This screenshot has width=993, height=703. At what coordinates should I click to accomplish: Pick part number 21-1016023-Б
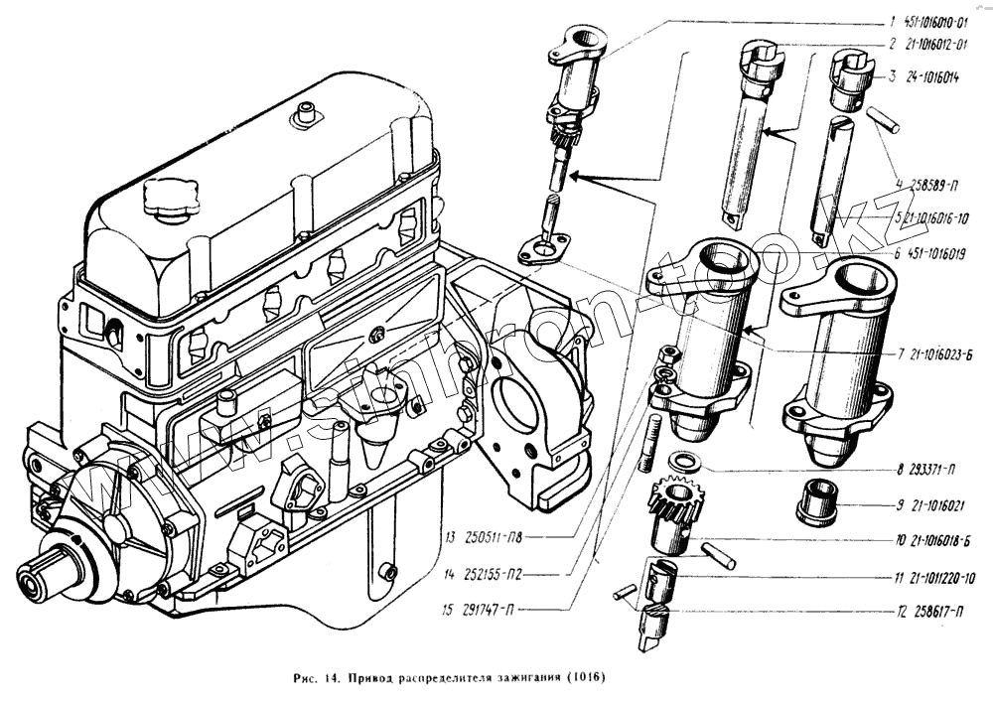point(935,353)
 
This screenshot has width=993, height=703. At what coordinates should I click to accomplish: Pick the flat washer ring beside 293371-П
point(682,461)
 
